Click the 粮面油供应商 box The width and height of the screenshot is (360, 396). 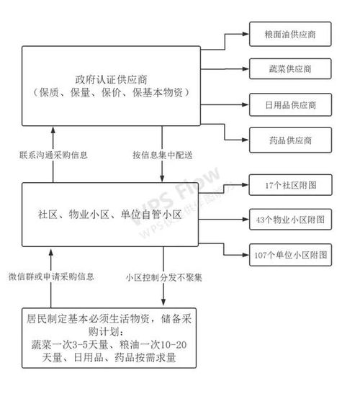290,35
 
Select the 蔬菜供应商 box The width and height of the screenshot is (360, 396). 290,69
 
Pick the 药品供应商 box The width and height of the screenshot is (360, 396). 290,138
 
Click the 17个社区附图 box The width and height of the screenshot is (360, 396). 290,185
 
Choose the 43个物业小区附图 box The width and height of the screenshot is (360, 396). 290,220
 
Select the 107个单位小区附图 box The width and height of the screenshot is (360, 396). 290,254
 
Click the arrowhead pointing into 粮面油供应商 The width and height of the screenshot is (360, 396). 245,35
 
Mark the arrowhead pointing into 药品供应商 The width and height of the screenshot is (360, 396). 245,138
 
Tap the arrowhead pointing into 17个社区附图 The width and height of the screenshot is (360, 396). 245,185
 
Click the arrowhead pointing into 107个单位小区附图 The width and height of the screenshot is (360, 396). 245,254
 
